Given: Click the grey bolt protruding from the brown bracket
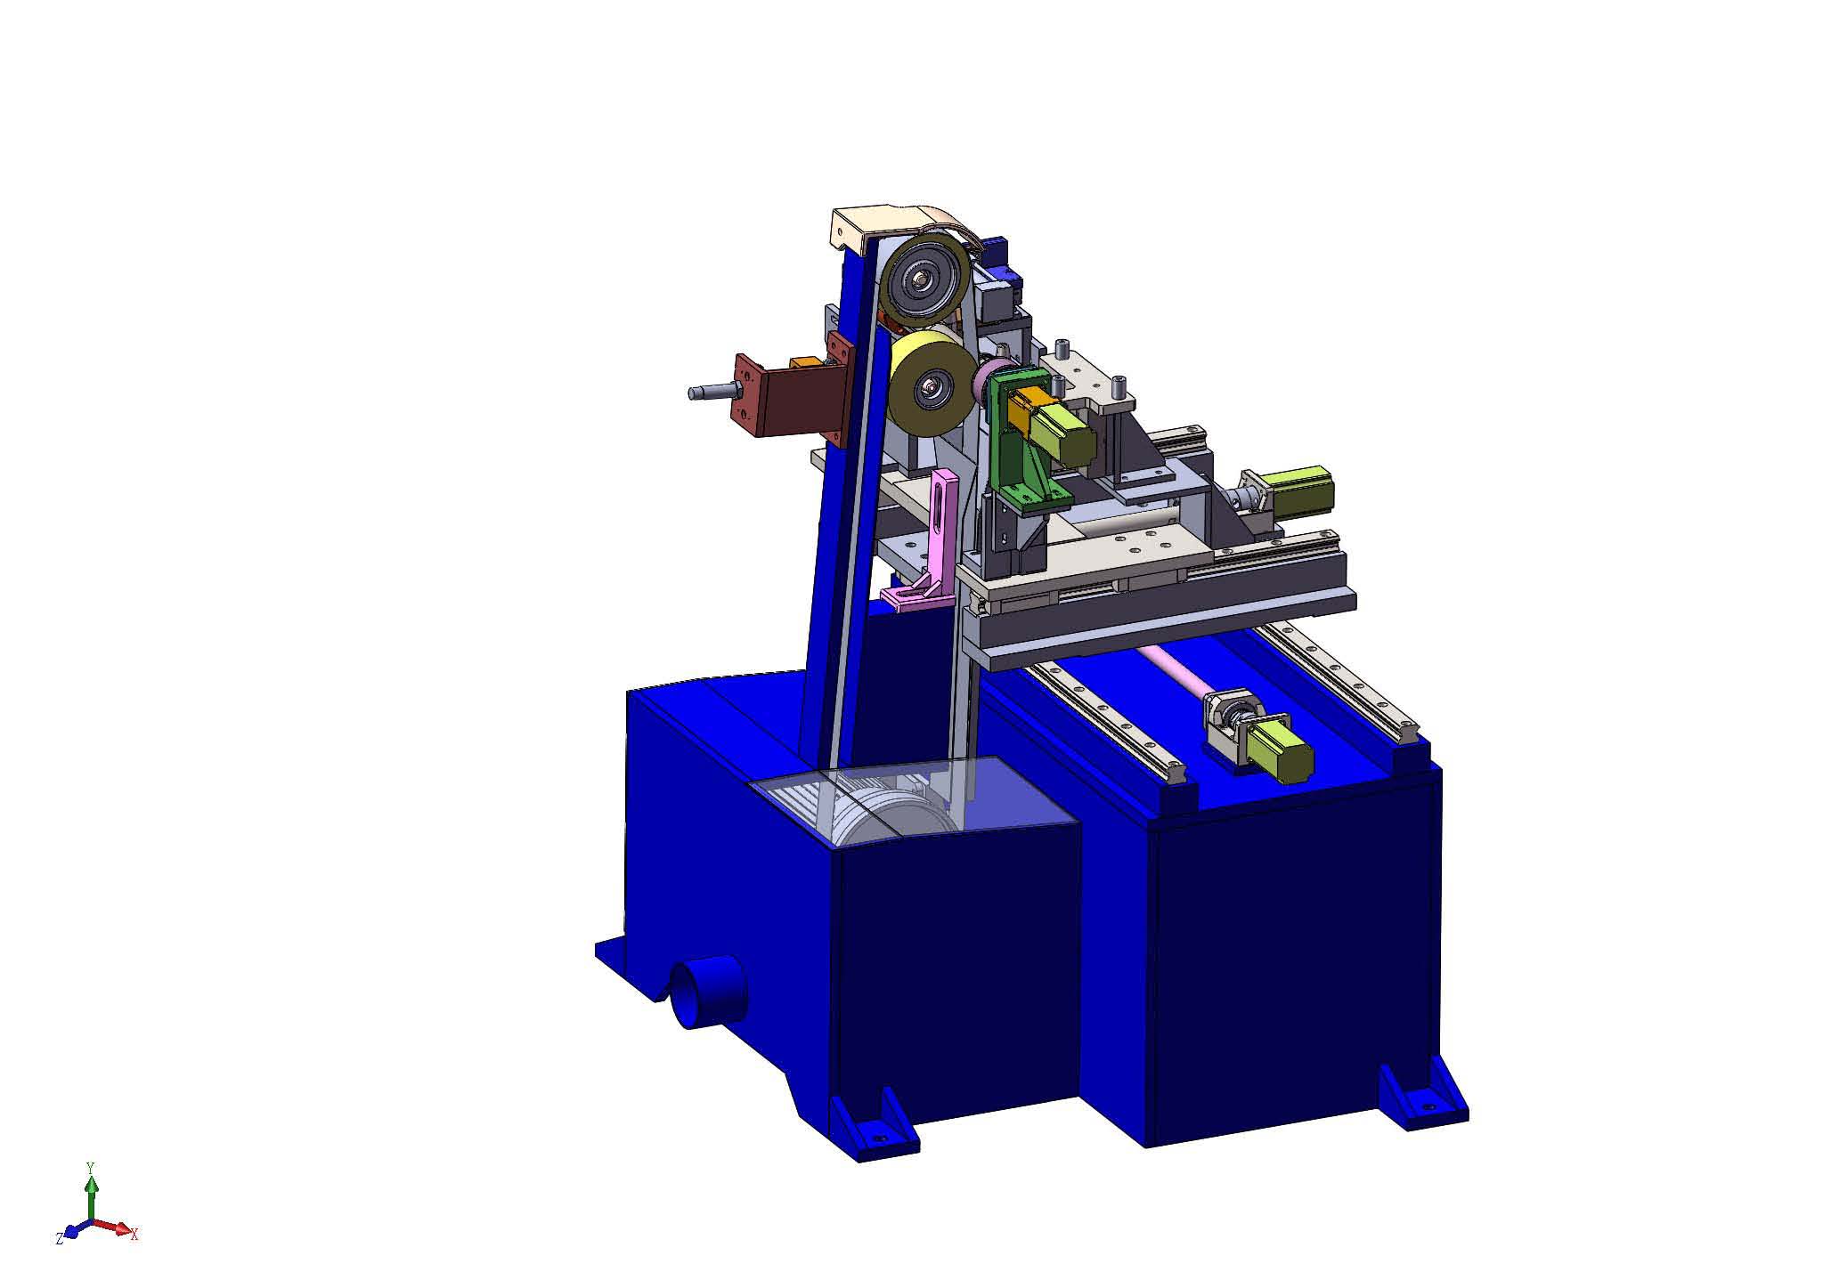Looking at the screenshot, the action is tap(713, 390).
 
